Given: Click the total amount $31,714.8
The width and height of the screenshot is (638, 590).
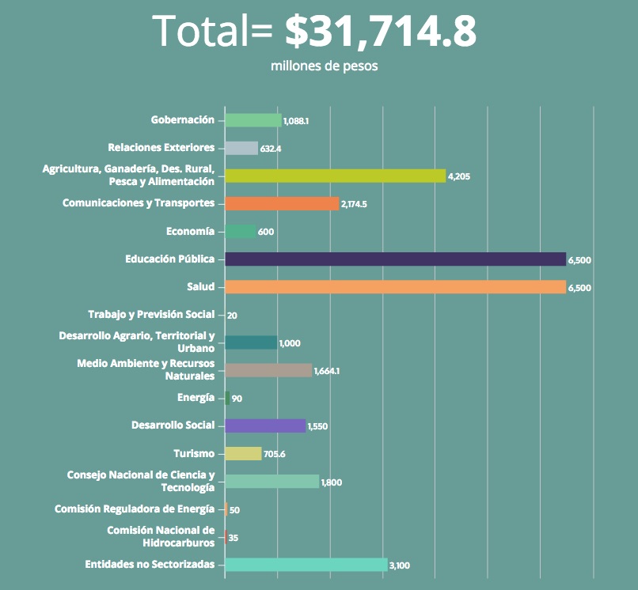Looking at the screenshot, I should pos(380,32).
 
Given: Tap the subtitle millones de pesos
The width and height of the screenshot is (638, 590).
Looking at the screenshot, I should pos(324,66).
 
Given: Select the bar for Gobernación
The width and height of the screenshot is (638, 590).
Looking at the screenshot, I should pos(253,120).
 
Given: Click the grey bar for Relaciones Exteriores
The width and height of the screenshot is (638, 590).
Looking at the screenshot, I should pos(241,148).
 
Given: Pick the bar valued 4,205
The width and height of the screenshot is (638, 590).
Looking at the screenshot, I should pos(335,176).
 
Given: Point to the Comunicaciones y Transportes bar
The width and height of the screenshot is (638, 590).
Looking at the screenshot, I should pos(282,203).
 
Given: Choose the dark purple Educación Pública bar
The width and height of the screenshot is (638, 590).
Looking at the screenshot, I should pos(395,259).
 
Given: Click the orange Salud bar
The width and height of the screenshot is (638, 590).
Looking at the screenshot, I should pos(395,287).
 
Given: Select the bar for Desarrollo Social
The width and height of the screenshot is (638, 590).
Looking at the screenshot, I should pos(265,425).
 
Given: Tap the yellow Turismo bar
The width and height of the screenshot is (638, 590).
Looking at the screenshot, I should pos(243,453).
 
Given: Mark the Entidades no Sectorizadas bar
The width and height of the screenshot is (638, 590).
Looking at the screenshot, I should pos(306,565).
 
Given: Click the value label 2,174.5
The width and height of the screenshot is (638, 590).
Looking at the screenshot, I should pos(354,204).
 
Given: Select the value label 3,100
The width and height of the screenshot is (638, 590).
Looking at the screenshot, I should pos(400,565).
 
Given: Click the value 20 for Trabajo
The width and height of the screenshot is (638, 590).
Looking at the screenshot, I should pos(232,316).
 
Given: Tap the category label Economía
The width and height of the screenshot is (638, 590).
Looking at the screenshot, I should pos(190,231).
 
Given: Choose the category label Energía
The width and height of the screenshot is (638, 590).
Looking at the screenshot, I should pos(196,398).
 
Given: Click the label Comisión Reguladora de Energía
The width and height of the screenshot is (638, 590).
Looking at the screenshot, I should pos(135,509).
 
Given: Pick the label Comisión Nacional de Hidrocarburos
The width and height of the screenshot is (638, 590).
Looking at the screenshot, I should pos(161,536).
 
